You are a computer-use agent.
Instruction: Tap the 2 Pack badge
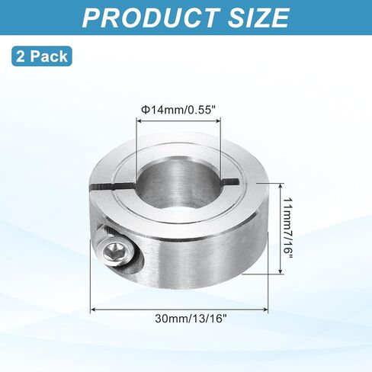(x=40, y=56)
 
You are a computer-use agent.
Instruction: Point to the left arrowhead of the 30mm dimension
(x=95, y=309)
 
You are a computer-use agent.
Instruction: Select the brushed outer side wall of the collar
(x=198, y=252)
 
